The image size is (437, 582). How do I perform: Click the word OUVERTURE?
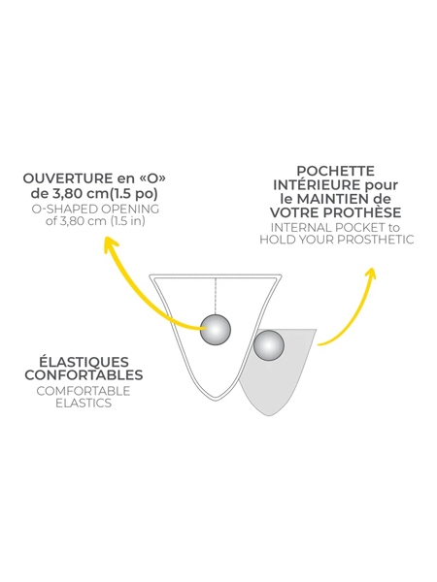67,178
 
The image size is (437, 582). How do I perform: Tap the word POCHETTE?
336,171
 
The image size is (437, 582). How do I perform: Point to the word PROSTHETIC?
375,240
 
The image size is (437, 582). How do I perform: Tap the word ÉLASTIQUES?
84,361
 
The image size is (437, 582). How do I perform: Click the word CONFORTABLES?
84,374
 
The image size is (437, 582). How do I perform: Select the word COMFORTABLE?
84,391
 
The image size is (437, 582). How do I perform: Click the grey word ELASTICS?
84,403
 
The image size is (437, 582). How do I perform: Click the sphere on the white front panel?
216,330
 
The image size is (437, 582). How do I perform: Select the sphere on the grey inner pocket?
269,345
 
